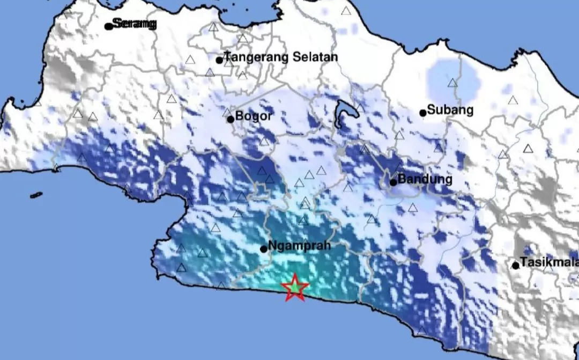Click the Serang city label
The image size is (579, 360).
pyautogui.click(x=134, y=24)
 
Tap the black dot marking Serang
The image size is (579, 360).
pyautogui.click(x=108, y=26)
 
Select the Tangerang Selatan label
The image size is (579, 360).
pyautogui.click(x=280, y=57)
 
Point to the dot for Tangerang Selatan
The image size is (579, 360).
pyautogui.click(x=219, y=60)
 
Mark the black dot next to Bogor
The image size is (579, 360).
pyautogui.click(x=231, y=119)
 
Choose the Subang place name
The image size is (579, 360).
pyautogui.click(x=450, y=110)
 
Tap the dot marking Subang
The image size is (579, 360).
pyautogui.click(x=423, y=113)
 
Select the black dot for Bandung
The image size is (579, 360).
pyautogui.click(x=393, y=182)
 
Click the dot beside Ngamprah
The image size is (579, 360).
pyautogui.click(x=264, y=249)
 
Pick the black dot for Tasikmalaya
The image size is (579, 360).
pyautogui.click(x=516, y=265)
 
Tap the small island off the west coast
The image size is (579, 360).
pyautogui.click(x=36, y=195)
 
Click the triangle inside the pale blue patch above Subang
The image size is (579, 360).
pyautogui.click(x=453, y=83)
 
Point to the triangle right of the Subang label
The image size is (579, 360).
pyautogui.click(x=513, y=100)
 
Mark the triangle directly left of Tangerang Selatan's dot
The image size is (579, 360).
pyautogui.click(x=190, y=60)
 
